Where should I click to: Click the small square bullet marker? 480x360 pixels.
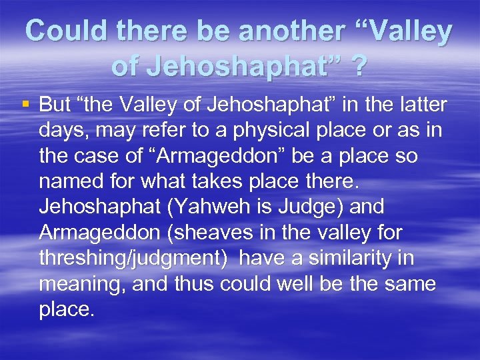point(26,104)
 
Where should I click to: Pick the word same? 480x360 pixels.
point(411,283)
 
